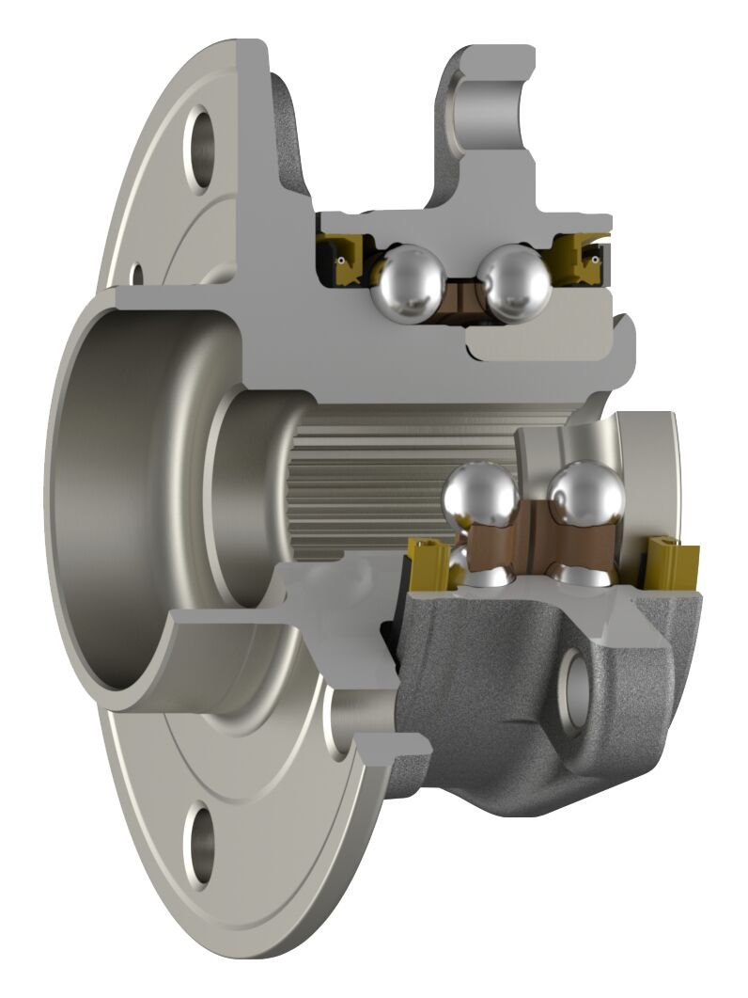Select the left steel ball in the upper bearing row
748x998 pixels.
(408, 279)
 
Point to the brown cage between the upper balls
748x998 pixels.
(461, 295)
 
